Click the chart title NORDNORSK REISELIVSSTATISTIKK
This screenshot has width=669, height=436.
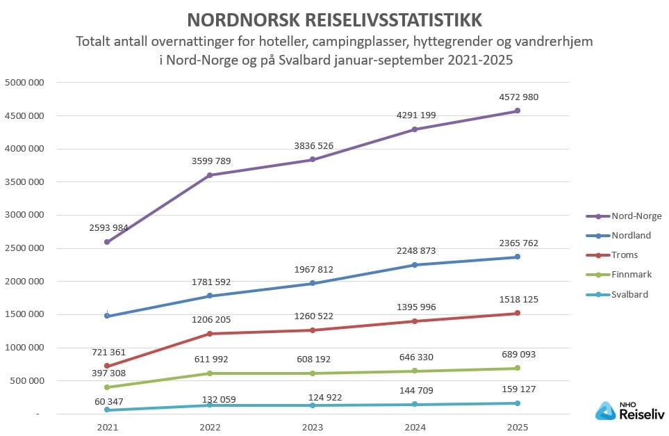point(335,19)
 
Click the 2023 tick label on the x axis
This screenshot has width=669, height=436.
point(312,428)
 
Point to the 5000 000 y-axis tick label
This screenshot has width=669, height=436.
point(25,83)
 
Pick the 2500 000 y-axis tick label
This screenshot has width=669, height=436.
point(25,248)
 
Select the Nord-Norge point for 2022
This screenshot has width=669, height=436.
point(209,175)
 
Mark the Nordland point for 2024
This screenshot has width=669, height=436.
point(415,265)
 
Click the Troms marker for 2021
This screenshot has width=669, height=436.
point(106,366)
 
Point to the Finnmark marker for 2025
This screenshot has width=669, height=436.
point(518,368)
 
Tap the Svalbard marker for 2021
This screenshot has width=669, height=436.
point(106,410)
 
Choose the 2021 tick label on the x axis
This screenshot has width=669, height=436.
point(106,428)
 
